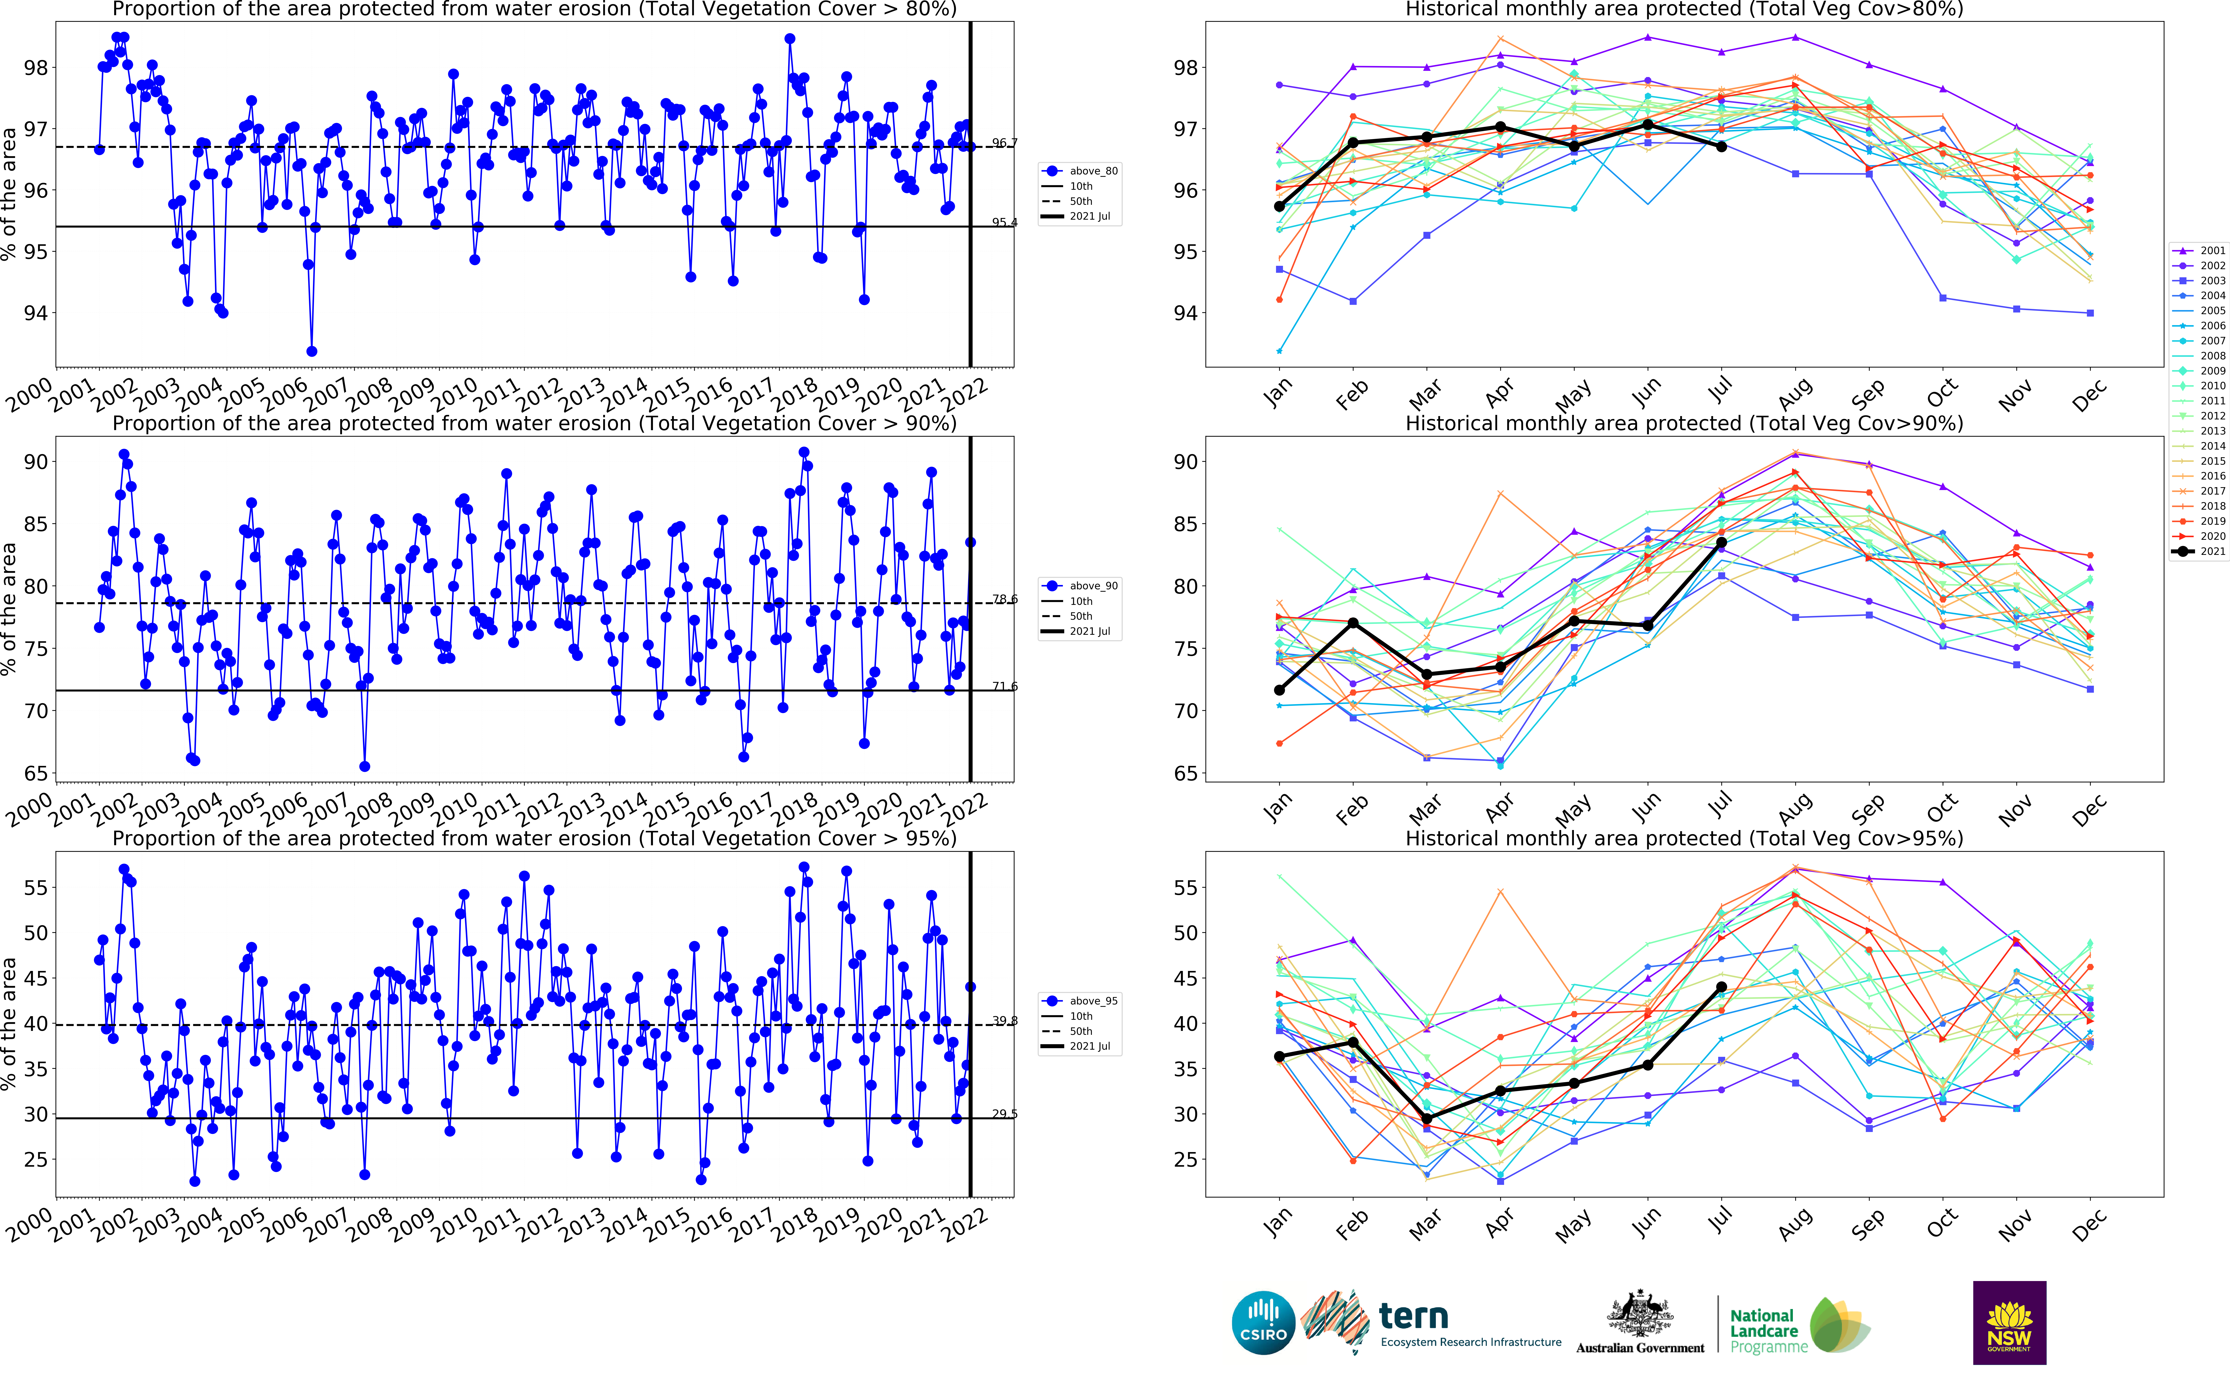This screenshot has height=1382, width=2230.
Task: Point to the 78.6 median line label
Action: click(x=1004, y=600)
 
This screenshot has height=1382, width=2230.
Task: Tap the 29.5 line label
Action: click(x=1004, y=1114)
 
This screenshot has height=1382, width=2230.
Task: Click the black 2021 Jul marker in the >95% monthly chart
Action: click(x=1721, y=987)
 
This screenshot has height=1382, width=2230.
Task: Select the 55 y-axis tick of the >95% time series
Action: click(x=36, y=887)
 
